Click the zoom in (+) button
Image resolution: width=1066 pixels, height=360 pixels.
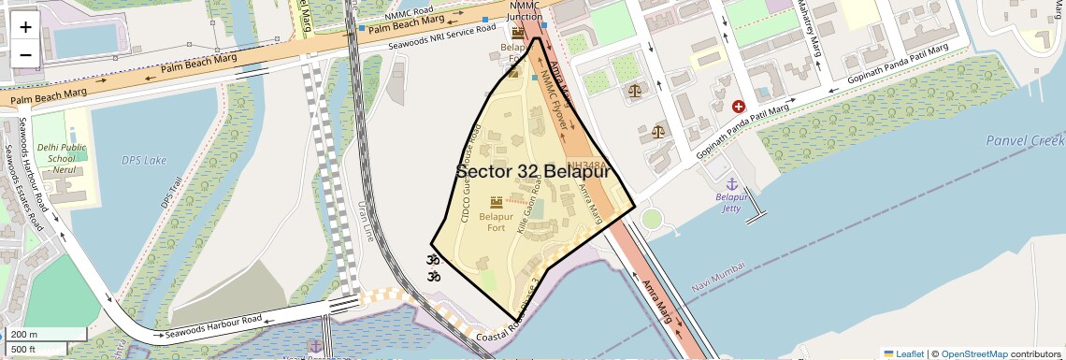(25, 26)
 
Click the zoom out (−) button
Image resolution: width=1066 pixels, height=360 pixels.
(25, 54)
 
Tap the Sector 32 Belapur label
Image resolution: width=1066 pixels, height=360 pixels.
(533, 172)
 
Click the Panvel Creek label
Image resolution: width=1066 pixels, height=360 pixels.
(1025, 141)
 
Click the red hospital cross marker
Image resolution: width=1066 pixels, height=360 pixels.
(739, 108)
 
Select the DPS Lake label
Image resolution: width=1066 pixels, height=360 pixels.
(143, 160)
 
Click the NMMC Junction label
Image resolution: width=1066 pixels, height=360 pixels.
(525, 11)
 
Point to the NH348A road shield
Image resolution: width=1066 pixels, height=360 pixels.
(581, 164)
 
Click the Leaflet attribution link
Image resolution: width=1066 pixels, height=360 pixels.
(903, 353)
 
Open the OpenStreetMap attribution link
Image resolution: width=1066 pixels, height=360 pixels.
(973, 353)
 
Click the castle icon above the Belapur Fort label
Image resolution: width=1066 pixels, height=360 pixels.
(496, 202)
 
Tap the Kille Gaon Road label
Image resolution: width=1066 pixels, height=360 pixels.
(529, 212)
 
